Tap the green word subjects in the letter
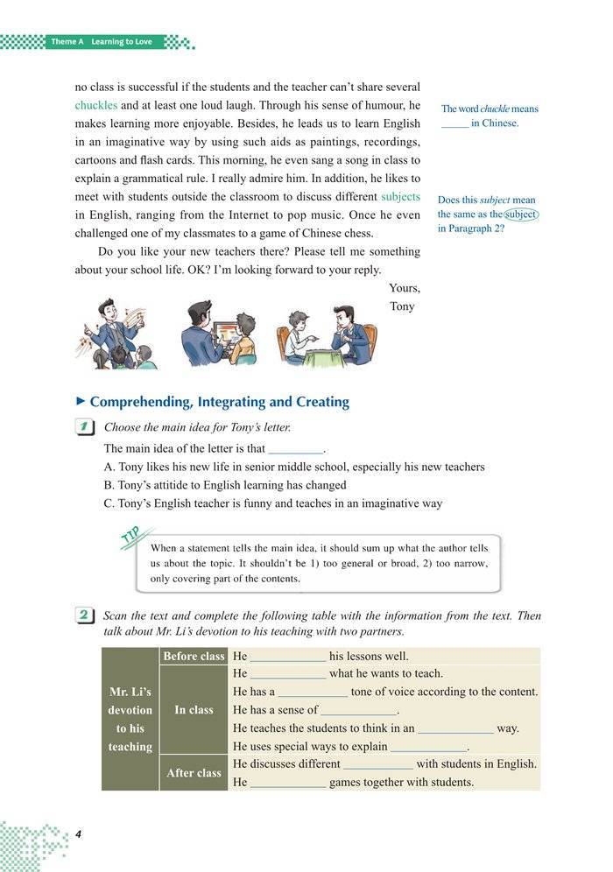(x=400, y=197)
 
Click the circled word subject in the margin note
(x=521, y=214)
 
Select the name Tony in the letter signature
(x=403, y=306)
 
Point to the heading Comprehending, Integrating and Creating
(x=219, y=402)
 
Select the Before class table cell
(x=193, y=656)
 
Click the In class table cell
(x=193, y=710)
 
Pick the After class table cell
(x=193, y=773)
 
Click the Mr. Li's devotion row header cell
(x=130, y=719)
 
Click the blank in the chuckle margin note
(x=454, y=124)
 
